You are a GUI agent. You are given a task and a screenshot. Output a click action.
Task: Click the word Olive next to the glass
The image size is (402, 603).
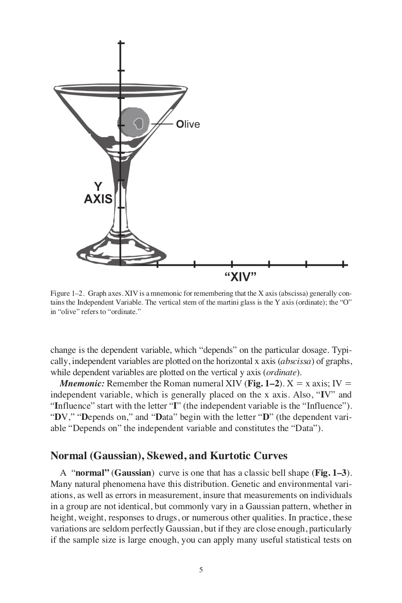point(188,124)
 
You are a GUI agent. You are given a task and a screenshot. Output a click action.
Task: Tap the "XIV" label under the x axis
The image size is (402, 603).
point(240,277)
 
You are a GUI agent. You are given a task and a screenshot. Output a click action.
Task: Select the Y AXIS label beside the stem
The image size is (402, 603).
point(98,193)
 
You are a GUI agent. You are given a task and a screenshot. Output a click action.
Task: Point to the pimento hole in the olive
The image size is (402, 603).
point(139,123)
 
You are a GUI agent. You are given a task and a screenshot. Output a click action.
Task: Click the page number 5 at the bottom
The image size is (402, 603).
point(201,569)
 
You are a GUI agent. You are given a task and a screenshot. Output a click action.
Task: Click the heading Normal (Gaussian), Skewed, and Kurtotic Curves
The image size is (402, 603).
point(169,456)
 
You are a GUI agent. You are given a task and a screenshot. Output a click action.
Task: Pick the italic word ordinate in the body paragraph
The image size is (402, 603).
point(281,373)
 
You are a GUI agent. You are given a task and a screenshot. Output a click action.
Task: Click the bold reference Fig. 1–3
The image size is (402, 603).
point(331,473)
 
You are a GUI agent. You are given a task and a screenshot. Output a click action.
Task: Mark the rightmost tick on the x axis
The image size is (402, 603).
point(343,264)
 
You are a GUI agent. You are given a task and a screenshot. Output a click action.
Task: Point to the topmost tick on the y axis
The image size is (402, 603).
point(120,43)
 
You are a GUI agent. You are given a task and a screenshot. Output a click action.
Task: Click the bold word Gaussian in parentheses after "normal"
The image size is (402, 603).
point(133,473)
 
